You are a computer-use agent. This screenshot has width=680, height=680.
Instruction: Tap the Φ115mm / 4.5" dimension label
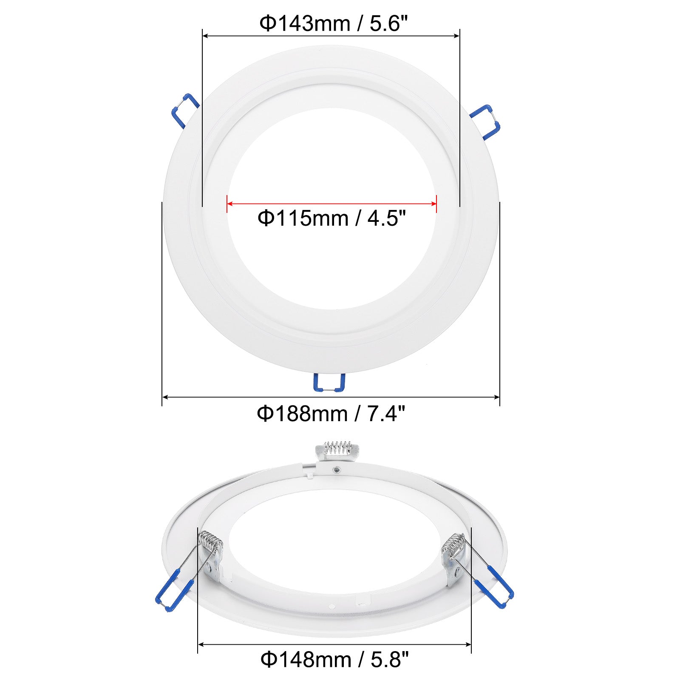click(x=332, y=218)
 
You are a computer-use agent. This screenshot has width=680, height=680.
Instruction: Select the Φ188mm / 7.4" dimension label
click(x=331, y=413)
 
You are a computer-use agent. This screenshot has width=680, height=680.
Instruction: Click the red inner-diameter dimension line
click(x=332, y=204)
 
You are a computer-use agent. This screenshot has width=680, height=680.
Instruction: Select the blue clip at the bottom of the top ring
click(x=329, y=382)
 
